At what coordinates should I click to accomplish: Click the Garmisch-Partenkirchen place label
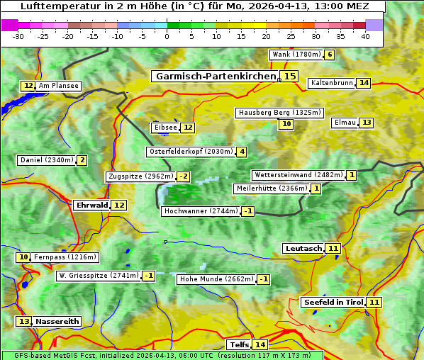click(215, 76)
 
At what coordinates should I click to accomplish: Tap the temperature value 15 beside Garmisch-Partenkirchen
click(289, 76)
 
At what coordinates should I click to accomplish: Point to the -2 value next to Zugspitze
click(184, 176)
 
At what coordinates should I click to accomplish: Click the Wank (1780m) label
click(296, 55)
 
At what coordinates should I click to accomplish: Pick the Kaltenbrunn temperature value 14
click(364, 83)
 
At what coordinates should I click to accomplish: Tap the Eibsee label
click(165, 128)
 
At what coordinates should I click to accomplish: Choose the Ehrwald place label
click(91, 205)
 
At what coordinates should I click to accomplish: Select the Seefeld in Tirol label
click(333, 303)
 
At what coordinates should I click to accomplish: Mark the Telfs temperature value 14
click(260, 345)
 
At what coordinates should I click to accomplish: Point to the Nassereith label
click(57, 321)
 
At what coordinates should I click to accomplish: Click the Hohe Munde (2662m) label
click(216, 279)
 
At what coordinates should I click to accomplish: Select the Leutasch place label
click(303, 248)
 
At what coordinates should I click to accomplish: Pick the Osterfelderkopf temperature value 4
click(242, 152)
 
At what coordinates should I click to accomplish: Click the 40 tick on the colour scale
click(365, 37)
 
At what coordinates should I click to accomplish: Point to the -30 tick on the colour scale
click(18, 37)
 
